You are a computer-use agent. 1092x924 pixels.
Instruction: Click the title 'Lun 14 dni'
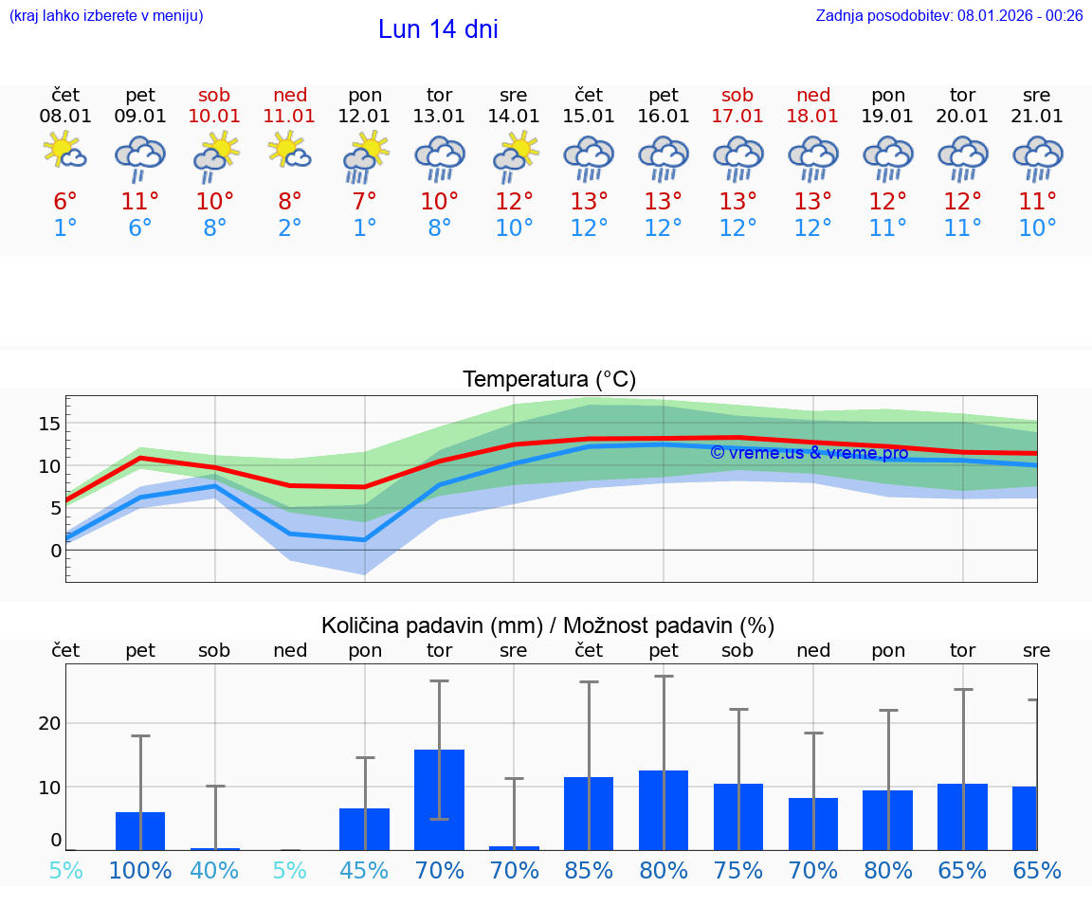coord(438,29)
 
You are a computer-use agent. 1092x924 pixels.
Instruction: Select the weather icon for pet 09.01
coord(140,157)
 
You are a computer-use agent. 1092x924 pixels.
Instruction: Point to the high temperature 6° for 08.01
coord(65,202)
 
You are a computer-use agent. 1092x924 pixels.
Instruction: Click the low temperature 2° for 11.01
coord(289,228)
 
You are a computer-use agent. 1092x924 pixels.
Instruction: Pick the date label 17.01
coord(737,117)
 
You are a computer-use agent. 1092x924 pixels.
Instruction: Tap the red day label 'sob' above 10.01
coord(215,95)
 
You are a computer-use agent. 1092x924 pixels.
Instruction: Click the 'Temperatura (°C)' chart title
coord(549,380)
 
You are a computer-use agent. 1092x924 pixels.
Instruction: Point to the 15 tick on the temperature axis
coord(50,423)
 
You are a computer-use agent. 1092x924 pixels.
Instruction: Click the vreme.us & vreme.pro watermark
coord(809,453)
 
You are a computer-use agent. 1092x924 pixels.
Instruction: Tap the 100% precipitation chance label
coord(140,871)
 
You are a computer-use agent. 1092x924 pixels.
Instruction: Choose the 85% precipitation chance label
coord(589,871)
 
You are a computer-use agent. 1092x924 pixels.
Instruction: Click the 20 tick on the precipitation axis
coord(49,723)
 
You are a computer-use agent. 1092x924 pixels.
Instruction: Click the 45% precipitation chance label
coord(364,871)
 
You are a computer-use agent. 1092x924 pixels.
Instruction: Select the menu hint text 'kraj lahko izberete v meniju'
coord(106,15)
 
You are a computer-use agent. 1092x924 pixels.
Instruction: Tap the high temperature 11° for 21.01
coord(1037,202)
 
